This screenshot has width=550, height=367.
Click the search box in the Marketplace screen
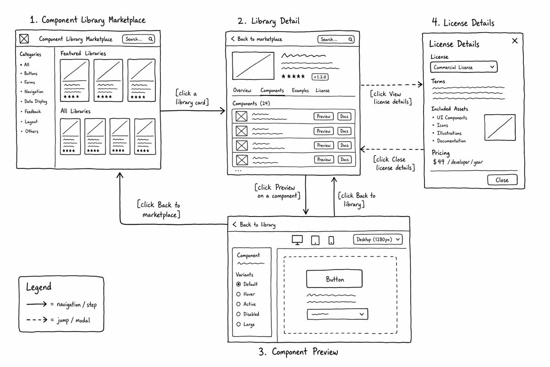(x=138, y=39)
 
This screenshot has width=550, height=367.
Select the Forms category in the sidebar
(x=29, y=83)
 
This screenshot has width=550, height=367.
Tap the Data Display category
(x=36, y=101)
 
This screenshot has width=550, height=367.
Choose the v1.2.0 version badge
(x=320, y=77)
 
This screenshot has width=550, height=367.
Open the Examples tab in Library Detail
(x=300, y=90)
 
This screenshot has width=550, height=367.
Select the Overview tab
(x=242, y=90)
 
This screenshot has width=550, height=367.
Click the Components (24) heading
(x=251, y=104)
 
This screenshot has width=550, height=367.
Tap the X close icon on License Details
(x=515, y=41)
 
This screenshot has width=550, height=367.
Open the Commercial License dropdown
(x=464, y=67)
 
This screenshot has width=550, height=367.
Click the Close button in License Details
(x=502, y=180)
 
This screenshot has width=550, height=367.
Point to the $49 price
(x=439, y=162)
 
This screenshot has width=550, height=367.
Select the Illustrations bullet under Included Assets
(x=449, y=133)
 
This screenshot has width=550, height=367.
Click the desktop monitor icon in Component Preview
(x=297, y=240)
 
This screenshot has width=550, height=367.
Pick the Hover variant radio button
(x=238, y=294)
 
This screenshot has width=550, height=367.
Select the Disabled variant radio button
(x=238, y=314)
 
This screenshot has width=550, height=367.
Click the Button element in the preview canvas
(x=335, y=279)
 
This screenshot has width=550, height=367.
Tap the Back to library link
(x=254, y=225)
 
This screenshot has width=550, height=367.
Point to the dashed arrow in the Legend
(x=37, y=320)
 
